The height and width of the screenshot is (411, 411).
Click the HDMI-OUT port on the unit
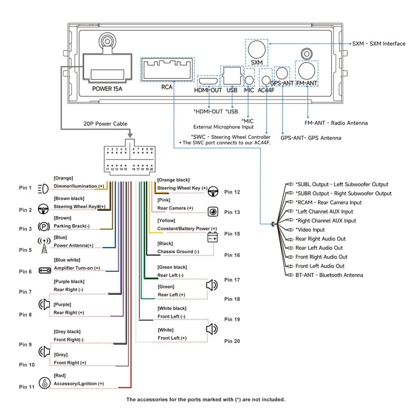[x=208, y=81]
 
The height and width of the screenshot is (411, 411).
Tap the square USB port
[x=232, y=76]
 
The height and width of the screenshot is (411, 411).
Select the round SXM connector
[x=257, y=49]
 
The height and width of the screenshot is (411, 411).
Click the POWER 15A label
[x=107, y=89]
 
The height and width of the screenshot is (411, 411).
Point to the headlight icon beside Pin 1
[x=43, y=188]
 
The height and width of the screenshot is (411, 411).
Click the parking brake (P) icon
[x=44, y=226]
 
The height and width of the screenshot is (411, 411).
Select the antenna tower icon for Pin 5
[x=44, y=245]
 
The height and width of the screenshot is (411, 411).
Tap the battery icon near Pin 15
[x=212, y=238]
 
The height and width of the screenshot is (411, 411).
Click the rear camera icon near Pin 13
[x=213, y=211]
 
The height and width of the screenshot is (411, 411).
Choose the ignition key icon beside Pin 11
[x=44, y=383]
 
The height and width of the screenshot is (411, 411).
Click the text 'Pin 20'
[x=232, y=341]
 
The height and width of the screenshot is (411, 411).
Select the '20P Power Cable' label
[x=105, y=124]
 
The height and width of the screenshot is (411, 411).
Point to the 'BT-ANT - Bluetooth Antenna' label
[x=329, y=275]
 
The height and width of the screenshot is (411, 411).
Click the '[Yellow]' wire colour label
[x=166, y=220]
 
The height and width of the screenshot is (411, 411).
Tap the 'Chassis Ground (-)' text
[x=178, y=252]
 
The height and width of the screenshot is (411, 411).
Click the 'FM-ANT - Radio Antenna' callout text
[x=336, y=123]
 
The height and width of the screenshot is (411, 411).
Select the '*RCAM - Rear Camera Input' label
[x=329, y=202]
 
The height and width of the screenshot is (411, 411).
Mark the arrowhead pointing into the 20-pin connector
[x=130, y=135]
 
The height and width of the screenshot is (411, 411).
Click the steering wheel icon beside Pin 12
[x=213, y=192]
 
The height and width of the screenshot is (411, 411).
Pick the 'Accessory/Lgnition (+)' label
[x=79, y=384]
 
